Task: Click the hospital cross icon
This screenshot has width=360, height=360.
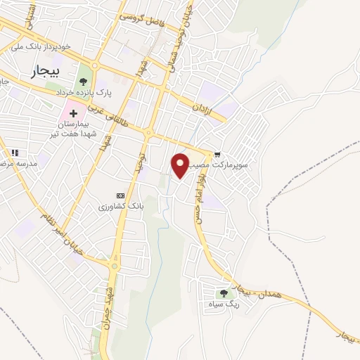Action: tap(73, 112)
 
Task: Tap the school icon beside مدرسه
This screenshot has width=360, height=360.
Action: tap(14, 152)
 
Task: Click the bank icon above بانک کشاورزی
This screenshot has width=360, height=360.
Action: tap(120, 195)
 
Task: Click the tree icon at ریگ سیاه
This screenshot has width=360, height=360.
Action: tap(224, 294)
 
